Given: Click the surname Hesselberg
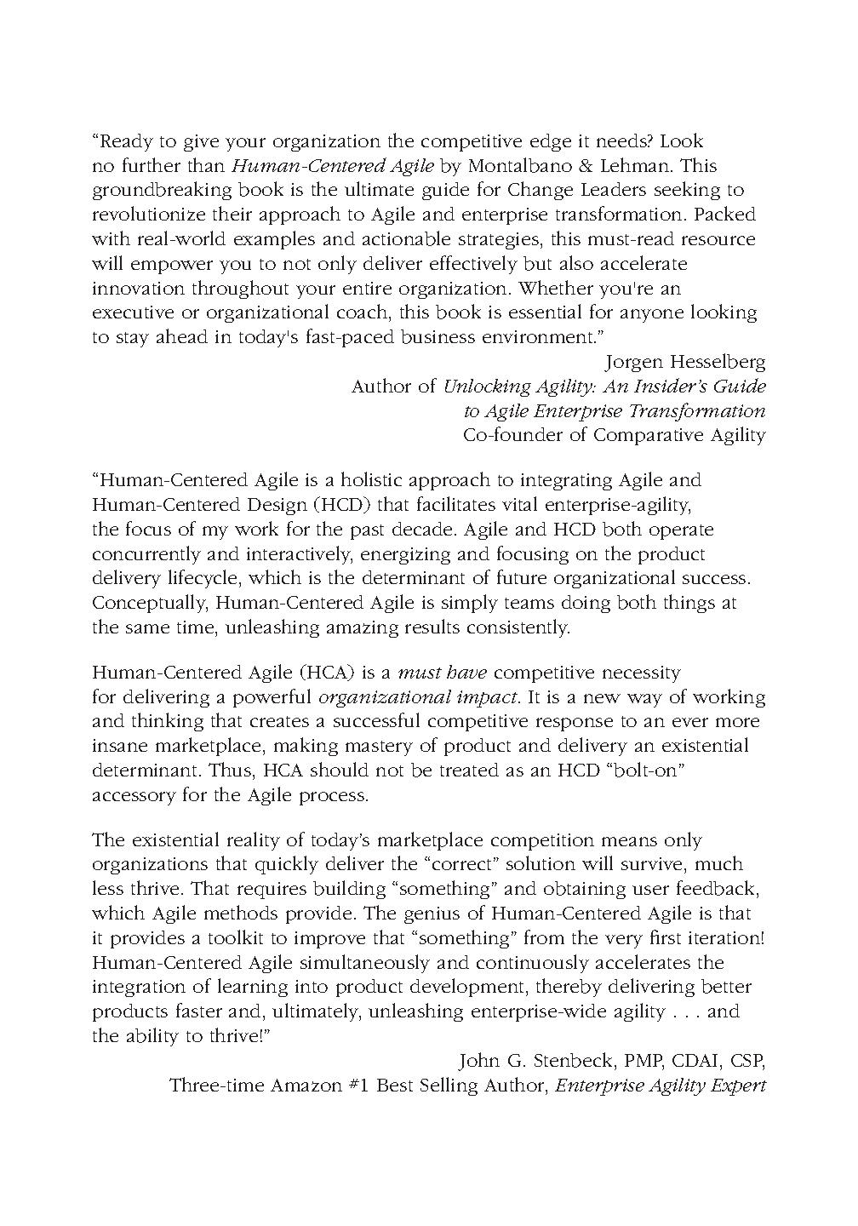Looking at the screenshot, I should click(x=720, y=362).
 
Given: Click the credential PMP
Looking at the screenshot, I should click(x=644, y=1062).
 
